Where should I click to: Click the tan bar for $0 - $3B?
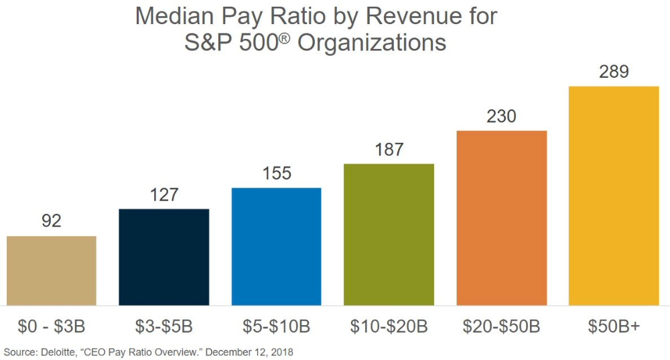(52, 270)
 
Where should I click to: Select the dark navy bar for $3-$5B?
(164, 257)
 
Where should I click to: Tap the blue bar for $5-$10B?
(277, 246)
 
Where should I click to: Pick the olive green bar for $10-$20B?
(389, 234)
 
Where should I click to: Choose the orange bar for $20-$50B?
(502, 217)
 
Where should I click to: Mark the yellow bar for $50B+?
(614, 195)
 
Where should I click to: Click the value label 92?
(52, 221)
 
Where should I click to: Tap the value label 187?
(389, 149)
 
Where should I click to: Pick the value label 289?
(614, 71)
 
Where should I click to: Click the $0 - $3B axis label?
(52, 327)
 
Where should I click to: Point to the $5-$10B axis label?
(277, 327)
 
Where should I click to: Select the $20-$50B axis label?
(502, 327)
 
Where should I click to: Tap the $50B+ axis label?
(614, 327)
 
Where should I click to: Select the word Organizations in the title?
(372, 43)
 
